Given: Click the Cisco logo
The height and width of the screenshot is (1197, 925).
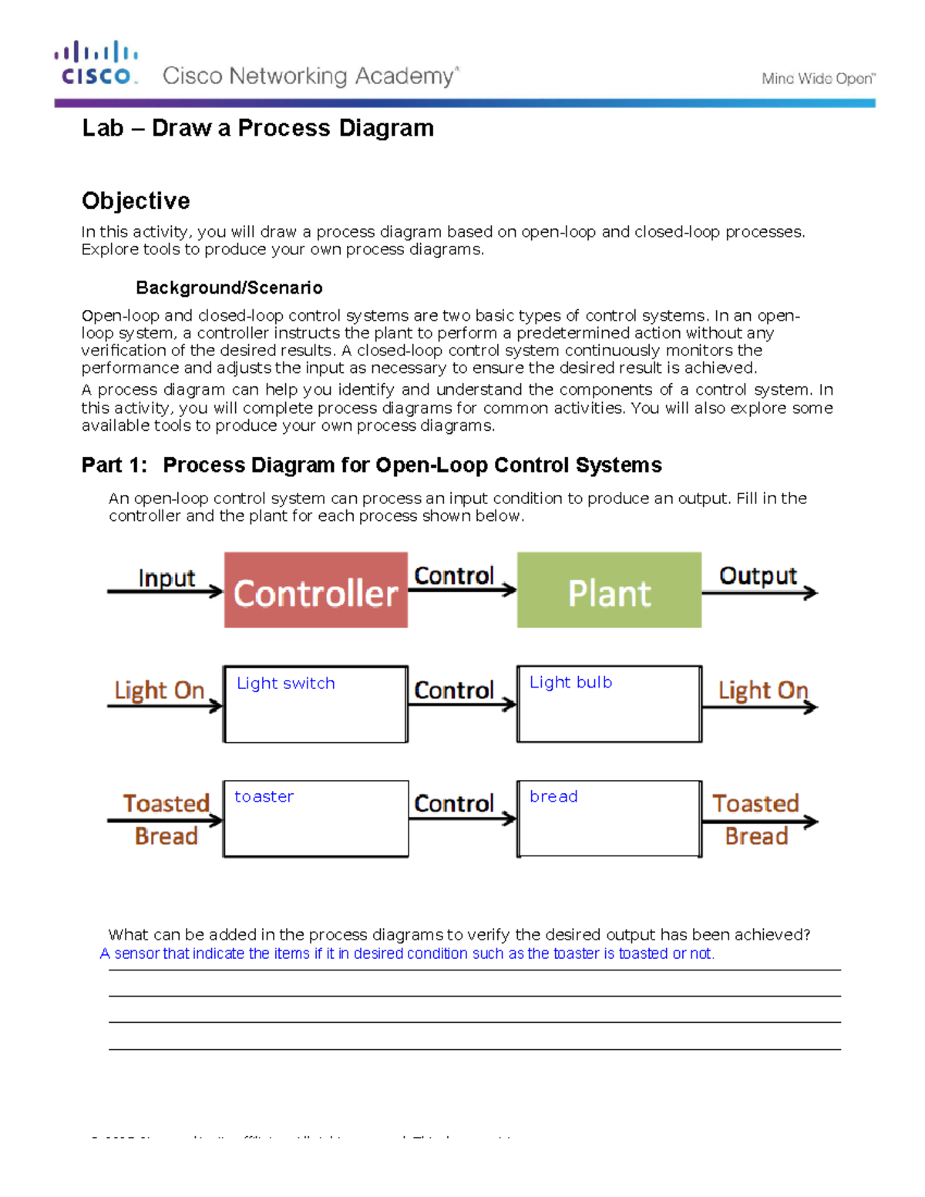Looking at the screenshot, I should coord(96,63).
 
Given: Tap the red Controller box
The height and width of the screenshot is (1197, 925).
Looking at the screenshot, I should coord(316,590).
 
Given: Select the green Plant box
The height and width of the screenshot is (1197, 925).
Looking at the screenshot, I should coord(609,590).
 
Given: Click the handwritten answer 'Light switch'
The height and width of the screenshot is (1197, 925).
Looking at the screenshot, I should coord(286,684).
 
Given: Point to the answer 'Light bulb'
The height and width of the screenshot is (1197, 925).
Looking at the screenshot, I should coord(570,682).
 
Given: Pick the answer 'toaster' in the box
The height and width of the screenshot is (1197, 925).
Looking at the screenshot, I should coord(264,796).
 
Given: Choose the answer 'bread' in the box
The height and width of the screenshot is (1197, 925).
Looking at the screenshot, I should coord(553,796).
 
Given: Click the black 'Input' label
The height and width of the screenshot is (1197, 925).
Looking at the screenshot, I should coord(166,578).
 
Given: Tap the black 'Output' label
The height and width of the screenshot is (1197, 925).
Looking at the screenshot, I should coord(758,576).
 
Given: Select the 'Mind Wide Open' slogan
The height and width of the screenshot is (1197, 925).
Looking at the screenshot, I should coord(818,79).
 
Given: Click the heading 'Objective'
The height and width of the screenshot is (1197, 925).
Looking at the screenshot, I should coord(136,200).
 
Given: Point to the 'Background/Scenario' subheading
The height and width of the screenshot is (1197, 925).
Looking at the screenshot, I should coord(229,287).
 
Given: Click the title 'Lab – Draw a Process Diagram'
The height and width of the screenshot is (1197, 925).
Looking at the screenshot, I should coord(257,128).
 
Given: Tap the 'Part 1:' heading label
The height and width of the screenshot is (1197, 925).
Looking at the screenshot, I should coord(114,465).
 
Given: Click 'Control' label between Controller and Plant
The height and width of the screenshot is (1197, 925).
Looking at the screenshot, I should coord(454,576).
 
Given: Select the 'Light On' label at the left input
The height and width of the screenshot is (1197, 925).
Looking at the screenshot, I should coord(160,690).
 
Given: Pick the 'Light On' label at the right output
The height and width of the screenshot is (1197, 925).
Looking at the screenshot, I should coord(763,690).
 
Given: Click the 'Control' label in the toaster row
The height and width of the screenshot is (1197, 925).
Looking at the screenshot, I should coord(454,803).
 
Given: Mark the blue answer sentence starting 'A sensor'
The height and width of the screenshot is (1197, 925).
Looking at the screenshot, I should coord(407,953).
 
